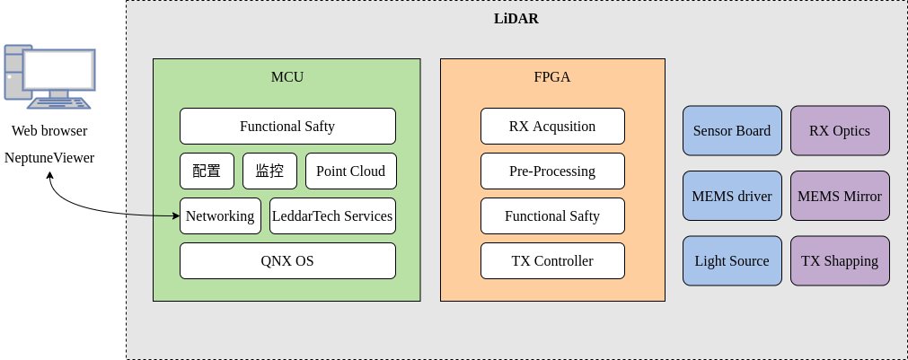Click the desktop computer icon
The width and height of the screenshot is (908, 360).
pos(49,76)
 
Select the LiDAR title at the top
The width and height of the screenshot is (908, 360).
pos(516,18)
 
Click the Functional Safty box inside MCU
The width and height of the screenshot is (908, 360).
pos(287,126)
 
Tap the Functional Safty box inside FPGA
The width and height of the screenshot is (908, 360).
pos(551,215)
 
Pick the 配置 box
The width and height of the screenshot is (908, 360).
pos(207,171)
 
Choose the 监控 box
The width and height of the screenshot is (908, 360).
pos(269,171)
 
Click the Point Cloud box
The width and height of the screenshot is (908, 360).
pos(350,171)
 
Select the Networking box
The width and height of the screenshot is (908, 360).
pos(220,215)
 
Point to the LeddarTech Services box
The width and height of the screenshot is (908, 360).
pos(332,215)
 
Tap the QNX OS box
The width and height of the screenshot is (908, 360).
pos(287,260)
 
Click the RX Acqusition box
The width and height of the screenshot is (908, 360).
pos(551,126)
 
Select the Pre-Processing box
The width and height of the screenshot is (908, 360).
pos(551,171)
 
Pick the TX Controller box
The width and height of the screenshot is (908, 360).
pos(551,260)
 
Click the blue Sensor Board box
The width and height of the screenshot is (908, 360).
pos(731,130)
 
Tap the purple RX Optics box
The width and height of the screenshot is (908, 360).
pos(839,130)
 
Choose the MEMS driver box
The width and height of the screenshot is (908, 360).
pos(731,196)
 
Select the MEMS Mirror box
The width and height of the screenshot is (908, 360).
pos(839,196)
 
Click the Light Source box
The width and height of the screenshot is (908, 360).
pos(731,260)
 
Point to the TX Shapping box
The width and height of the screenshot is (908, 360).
pos(839,260)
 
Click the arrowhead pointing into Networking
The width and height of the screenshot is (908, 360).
pos(175,215)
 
